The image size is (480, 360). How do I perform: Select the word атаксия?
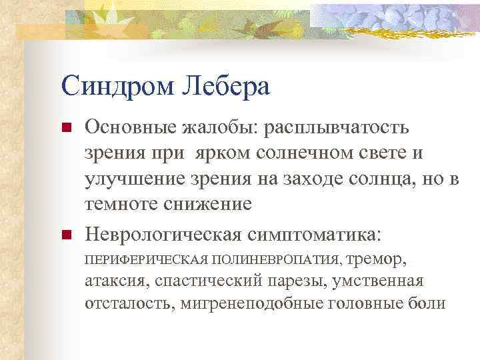click(117, 281)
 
